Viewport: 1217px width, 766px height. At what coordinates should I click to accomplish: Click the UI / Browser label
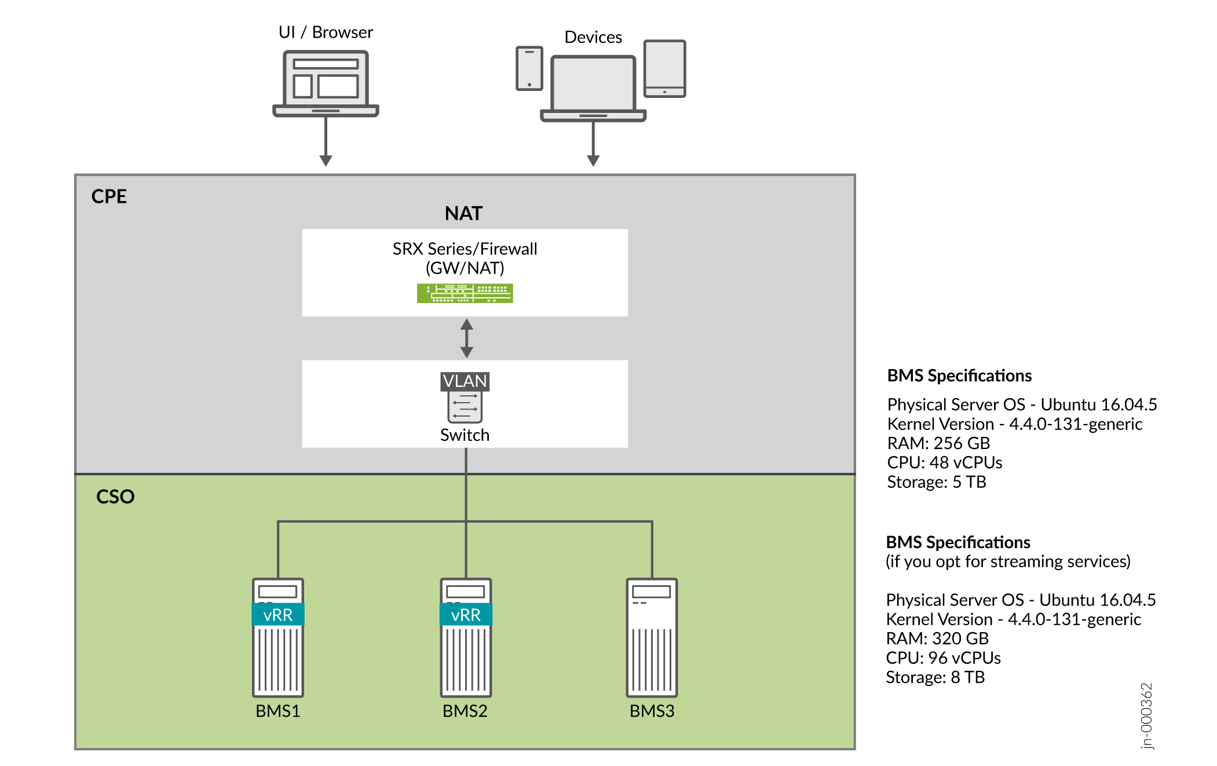[326, 32]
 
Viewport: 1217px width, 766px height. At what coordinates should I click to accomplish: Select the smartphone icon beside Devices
[529, 68]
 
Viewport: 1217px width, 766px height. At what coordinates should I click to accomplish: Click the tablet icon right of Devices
[664, 68]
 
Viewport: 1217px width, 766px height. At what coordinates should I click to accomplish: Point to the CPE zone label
[109, 196]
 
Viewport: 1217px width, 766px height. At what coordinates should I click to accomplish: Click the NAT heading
[463, 213]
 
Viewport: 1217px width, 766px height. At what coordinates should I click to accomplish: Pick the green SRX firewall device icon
[465, 293]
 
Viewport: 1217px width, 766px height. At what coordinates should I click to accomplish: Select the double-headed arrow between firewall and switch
[466, 338]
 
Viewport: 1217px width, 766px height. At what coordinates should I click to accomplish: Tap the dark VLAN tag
[465, 381]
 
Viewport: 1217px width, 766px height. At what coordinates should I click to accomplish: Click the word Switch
[465, 435]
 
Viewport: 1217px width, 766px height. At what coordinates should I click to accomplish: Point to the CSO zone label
[115, 497]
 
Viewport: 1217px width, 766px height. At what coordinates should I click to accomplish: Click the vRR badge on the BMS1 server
[278, 615]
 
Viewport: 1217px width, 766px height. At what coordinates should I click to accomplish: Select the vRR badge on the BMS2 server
[466, 615]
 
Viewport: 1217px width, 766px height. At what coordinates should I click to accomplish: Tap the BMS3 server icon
[652, 637]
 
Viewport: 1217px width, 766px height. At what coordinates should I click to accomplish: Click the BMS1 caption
[278, 711]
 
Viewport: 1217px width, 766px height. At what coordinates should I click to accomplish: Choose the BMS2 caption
[465, 711]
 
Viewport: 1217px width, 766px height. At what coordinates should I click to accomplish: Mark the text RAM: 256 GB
[938, 443]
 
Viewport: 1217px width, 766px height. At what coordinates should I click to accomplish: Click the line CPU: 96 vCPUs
[943, 658]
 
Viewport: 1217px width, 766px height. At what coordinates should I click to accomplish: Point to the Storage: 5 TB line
[936, 482]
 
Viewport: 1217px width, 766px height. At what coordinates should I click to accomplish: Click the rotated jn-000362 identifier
[1146, 716]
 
